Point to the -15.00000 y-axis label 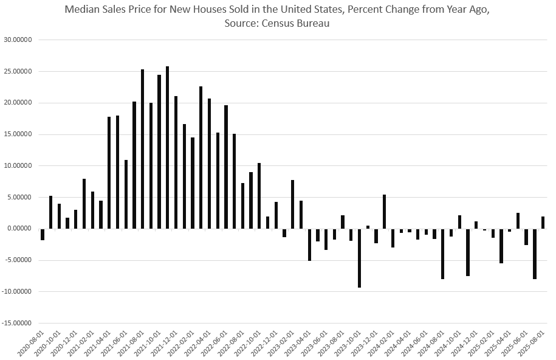[x=18, y=323]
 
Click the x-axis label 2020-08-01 [x=30, y=344]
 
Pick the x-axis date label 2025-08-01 [x=530, y=344]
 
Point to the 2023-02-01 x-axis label [x=281, y=344]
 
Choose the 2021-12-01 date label [x=164, y=344]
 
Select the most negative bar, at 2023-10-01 [x=359, y=258]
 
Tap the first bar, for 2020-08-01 [x=43, y=234]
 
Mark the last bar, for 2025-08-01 [x=543, y=223]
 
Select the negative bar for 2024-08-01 [x=443, y=254]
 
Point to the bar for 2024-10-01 [x=459, y=222]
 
